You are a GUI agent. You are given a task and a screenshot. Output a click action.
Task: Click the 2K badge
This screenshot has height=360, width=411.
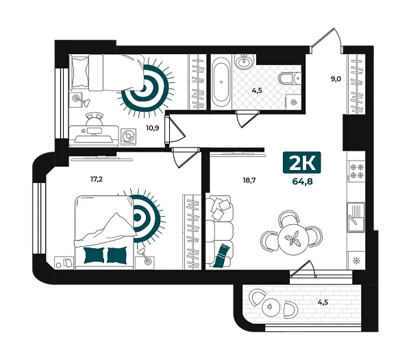[301, 163]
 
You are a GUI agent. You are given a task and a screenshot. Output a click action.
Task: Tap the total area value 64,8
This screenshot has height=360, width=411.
[303, 181]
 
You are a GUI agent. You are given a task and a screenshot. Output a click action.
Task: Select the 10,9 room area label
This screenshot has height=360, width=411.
[153, 128]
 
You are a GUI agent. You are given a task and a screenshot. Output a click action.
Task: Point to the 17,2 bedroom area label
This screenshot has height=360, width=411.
[97, 180]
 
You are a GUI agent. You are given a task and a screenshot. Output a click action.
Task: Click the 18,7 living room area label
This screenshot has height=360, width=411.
[249, 180]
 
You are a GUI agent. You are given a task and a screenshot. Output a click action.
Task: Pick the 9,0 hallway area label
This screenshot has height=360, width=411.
[336, 78]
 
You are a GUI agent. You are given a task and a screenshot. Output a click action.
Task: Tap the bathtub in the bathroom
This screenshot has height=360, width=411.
[221, 82]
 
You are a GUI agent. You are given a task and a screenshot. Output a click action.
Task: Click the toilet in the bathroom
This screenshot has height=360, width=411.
[290, 78]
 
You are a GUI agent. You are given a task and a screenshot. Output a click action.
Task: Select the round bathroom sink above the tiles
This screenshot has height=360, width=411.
[245, 62]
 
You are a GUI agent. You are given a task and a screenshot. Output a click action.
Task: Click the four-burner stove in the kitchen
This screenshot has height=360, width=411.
[357, 171]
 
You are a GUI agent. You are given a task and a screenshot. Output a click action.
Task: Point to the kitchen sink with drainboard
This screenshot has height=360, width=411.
[356, 217]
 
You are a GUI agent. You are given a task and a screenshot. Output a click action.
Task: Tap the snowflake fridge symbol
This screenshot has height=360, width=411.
[356, 261]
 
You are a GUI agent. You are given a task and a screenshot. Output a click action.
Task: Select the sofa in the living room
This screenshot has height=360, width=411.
[219, 232]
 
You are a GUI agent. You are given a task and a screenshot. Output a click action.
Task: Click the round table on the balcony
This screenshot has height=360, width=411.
[271, 307]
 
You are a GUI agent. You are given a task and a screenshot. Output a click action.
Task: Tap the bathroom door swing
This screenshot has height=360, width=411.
[247, 119]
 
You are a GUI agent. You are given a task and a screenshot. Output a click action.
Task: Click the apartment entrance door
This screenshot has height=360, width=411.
[327, 40]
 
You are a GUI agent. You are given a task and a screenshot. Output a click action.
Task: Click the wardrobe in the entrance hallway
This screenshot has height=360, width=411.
[356, 84]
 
